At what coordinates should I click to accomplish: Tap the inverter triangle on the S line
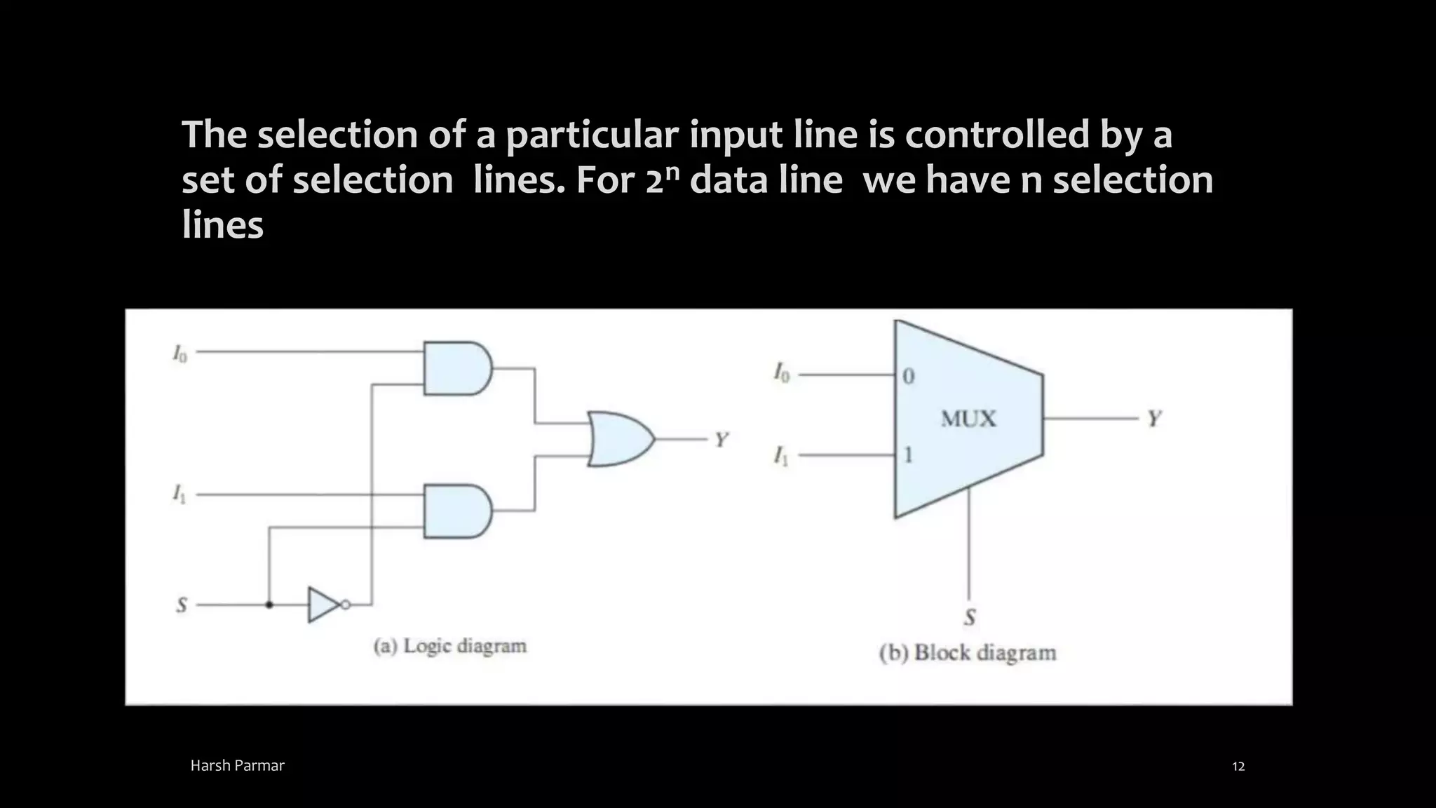[x=323, y=605]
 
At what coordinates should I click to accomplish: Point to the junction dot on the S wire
[x=269, y=605]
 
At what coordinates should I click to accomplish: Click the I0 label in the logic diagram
[x=180, y=353]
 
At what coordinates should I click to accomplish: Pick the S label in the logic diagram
[x=182, y=605]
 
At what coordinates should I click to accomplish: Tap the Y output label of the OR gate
[x=722, y=440]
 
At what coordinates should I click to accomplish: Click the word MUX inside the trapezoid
[x=968, y=419]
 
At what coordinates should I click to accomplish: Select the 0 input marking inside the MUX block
[x=909, y=377]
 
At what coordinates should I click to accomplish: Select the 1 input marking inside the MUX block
[x=909, y=456]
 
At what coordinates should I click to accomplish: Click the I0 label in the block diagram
[x=782, y=372]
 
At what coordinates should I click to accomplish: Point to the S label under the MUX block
[x=970, y=617]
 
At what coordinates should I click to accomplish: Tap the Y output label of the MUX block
[x=1154, y=419]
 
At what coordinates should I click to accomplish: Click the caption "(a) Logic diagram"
[x=450, y=646]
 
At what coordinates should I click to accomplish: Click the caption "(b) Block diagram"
[x=968, y=653]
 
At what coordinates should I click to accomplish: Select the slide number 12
[x=1238, y=766]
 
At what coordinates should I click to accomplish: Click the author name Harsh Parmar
[x=238, y=766]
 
